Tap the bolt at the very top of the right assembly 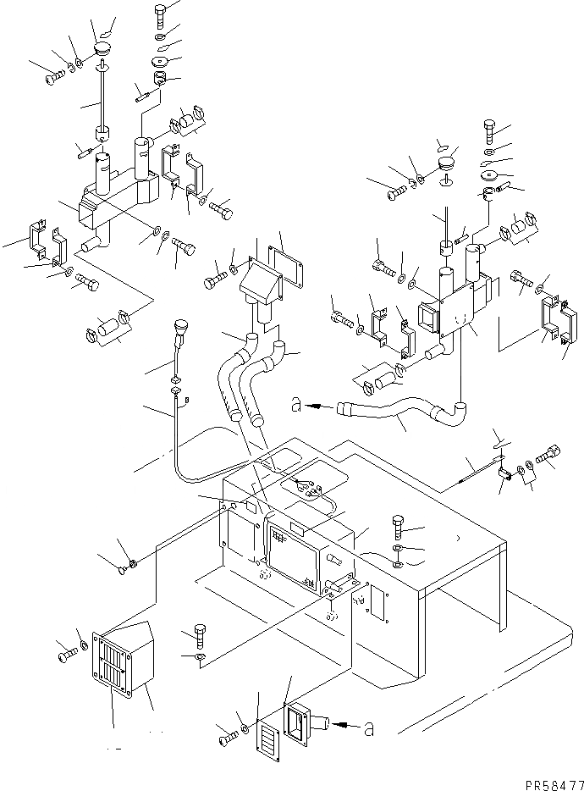click(x=492, y=129)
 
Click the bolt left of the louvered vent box click(x=66, y=655)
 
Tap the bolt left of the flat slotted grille click(x=226, y=739)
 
